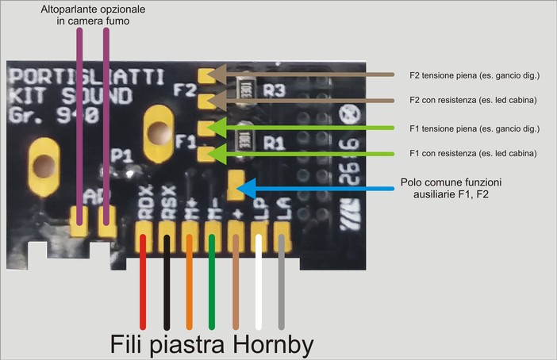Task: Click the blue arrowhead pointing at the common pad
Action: pos(248,188)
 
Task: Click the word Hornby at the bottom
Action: pos(274,344)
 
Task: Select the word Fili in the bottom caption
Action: pos(131,344)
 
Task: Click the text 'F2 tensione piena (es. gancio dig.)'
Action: pos(474,75)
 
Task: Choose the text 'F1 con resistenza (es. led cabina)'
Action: pos(473,152)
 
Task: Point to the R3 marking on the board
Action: pos(274,90)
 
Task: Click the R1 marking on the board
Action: pos(274,144)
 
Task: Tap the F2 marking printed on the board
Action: pos(185,90)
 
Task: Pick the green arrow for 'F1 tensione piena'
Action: pos(317,127)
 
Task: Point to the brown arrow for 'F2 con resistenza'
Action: pos(317,101)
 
